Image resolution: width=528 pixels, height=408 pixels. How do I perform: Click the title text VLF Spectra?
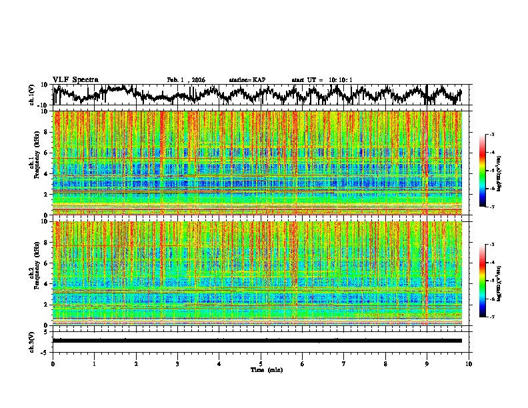point(75,79)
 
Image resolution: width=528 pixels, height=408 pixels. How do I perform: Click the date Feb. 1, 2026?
point(186,80)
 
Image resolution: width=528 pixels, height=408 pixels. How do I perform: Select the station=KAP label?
point(247,80)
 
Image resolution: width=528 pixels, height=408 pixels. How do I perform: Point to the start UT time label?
point(322,80)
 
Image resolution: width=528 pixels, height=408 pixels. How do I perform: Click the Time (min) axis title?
point(266,369)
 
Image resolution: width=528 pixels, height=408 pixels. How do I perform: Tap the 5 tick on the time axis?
point(261,364)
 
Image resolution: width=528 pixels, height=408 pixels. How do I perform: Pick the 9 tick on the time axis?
point(427,364)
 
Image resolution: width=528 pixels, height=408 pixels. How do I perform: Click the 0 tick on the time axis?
point(53,364)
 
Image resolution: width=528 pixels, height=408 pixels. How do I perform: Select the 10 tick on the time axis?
point(469,364)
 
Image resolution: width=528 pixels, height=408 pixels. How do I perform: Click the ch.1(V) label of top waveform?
point(32,95)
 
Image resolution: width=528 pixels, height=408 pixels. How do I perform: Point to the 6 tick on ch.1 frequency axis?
point(47,153)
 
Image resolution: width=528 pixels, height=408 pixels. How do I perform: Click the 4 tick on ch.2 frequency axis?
point(47,284)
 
